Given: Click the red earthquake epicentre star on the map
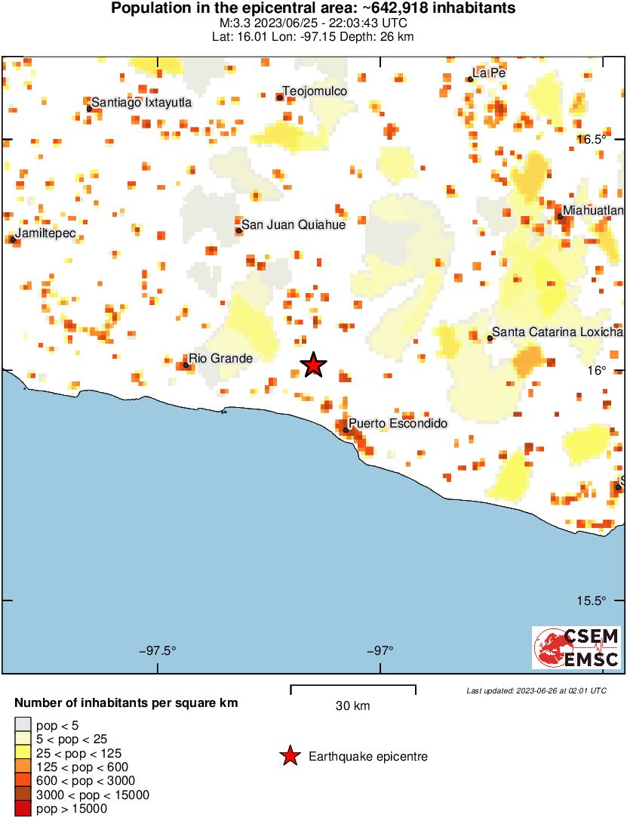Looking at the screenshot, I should point(314,365).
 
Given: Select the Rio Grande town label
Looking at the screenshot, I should point(220,358).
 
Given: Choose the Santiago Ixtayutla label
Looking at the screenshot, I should point(142,103).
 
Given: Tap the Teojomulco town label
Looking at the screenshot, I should point(315,91).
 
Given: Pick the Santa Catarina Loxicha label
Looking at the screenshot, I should point(558,332).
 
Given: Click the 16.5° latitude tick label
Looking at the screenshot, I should point(592,139).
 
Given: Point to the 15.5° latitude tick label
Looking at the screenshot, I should point(592,601).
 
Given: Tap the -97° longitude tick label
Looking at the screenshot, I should point(381,650).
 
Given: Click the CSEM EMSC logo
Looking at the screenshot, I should point(577,647).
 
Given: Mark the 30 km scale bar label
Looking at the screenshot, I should point(352,706).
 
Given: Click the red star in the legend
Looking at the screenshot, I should point(290,756).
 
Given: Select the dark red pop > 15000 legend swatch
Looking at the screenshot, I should point(23,809).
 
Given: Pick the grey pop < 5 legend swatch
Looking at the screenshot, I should point(23,725).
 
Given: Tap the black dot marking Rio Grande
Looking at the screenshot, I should point(186,365).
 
